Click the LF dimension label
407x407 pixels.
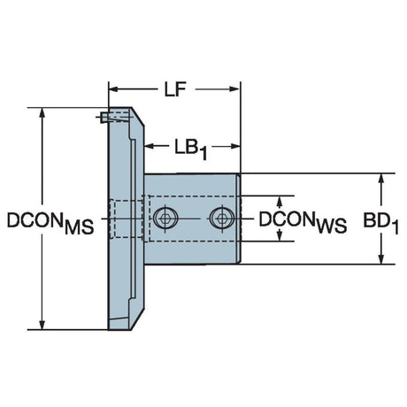(175, 89)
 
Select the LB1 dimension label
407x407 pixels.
(191, 149)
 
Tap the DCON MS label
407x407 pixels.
(50, 222)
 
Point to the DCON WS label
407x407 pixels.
(303, 222)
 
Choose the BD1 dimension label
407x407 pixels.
(380, 222)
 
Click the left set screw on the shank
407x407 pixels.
(165, 219)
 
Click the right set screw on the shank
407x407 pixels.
(222, 219)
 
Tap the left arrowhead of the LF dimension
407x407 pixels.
(113, 89)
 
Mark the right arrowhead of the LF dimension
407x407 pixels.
(234, 89)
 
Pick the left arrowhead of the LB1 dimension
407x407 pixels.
(150, 146)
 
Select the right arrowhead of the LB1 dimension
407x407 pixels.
(234, 146)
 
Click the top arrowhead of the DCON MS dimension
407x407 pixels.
(42, 112)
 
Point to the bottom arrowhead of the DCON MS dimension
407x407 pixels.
(42, 325)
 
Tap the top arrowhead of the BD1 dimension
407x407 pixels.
(381, 178)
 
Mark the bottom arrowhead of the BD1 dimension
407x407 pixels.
(381, 259)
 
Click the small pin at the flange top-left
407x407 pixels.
(104, 118)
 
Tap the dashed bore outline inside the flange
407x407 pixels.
(127, 219)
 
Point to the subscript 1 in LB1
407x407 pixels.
(203, 154)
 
